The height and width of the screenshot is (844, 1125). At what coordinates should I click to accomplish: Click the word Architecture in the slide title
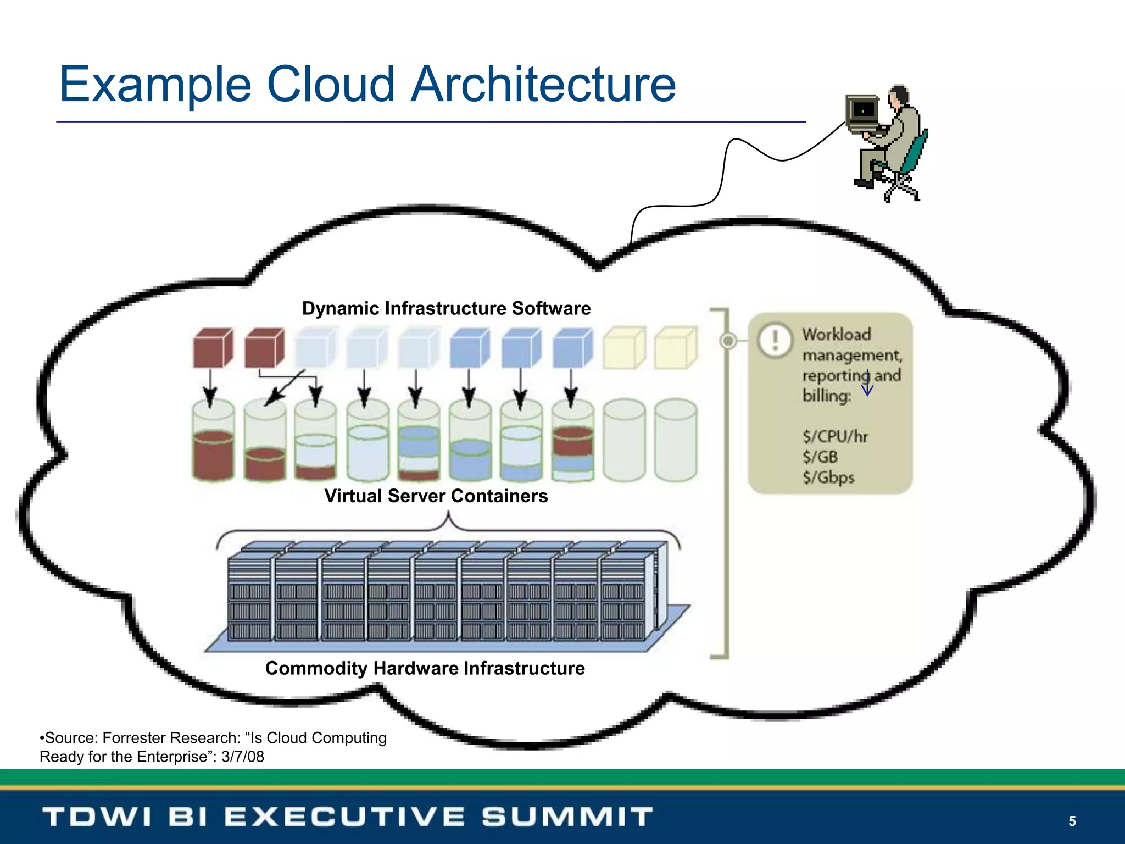point(544,85)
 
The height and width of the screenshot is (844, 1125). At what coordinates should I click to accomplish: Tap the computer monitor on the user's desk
point(862,112)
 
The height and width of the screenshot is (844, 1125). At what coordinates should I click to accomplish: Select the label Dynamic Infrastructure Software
point(446,308)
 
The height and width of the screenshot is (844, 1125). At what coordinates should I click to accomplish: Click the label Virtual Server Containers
point(436,496)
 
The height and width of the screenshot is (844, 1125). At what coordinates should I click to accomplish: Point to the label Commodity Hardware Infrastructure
point(425,668)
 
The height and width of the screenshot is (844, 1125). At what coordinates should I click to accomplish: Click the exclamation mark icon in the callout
point(775,340)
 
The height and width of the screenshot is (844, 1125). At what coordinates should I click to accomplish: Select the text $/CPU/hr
point(835,436)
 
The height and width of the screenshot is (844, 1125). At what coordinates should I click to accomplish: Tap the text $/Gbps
point(828,477)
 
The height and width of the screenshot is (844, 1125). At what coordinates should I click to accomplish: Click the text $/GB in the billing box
point(820,457)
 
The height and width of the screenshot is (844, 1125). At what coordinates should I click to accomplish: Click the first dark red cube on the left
point(213,348)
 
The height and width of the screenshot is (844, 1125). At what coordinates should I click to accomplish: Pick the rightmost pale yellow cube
point(676,348)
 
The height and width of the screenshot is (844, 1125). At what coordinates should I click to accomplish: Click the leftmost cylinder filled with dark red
point(213,442)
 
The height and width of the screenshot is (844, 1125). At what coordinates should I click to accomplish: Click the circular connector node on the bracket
point(728,341)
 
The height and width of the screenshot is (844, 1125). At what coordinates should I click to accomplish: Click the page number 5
point(1072,821)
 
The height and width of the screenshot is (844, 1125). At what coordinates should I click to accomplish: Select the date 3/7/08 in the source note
point(243,757)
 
